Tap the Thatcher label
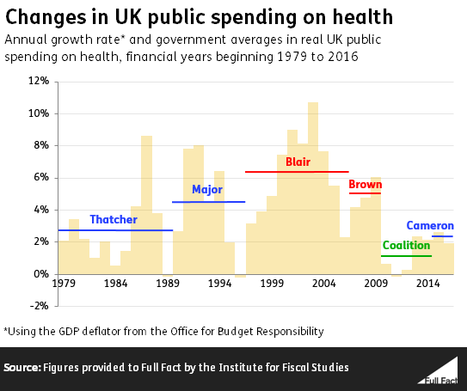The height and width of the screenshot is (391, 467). point(113,220)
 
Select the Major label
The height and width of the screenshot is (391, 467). point(206,190)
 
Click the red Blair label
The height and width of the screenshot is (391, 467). point(298,162)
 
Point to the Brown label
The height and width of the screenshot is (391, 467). point(364,184)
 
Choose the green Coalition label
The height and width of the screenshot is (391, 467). point(406,246)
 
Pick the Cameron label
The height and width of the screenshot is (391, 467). point(430,226)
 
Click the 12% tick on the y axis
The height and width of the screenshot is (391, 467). point(38,82)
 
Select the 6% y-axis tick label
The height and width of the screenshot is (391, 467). point(40,178)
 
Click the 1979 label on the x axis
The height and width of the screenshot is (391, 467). point(63,283)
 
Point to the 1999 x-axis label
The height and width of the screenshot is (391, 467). point(272,283)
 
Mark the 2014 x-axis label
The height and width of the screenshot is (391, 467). point(427,283)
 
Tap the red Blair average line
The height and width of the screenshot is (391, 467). point(297,172)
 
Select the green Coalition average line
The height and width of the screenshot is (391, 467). point(406,255)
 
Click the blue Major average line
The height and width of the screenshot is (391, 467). point(208,202)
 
